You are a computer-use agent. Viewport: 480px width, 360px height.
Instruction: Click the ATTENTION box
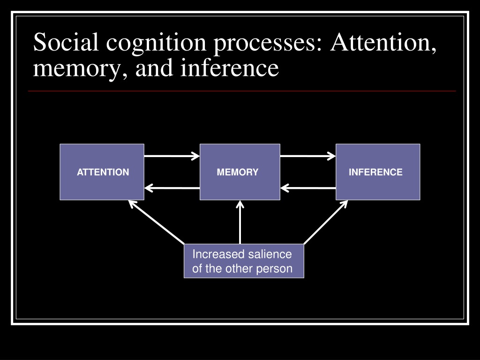[x=102, y=172]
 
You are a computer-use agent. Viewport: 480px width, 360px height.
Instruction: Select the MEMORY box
[x=240, y=172]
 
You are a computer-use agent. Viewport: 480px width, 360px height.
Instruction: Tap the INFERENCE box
[x=378, y=172]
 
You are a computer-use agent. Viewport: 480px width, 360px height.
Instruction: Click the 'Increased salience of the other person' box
[x=244, y=261]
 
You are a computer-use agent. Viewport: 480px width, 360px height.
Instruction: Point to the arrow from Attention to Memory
[x=172, y=156]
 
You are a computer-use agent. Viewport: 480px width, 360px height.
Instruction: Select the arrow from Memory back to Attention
[x=172, y=188]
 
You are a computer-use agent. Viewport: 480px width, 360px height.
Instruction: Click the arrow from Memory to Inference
[x=307, y=156]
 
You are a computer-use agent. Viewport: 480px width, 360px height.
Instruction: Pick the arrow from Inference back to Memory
[x=307, y=188]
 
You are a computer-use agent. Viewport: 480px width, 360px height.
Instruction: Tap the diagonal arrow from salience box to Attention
[x=157, y=222]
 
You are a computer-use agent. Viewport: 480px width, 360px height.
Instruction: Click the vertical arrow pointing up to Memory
[x=240, y=222]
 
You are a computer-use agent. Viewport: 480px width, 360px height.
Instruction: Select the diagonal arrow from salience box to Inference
[x=326, y=222]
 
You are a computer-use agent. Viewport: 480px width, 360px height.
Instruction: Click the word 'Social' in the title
[x=66, y=42]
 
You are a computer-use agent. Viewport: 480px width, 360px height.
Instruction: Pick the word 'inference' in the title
[x=229, y=67]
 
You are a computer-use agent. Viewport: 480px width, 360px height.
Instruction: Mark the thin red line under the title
[x=242, y=91]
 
